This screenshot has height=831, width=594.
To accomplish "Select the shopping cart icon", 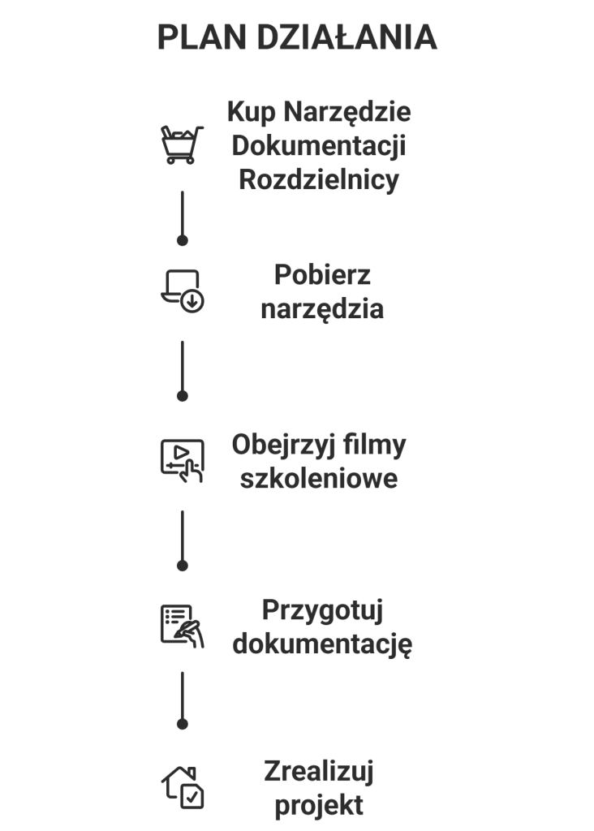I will pyautogui.click(x=182, y=144).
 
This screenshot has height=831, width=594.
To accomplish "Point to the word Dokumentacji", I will pyautogui.click(x=319, y=145).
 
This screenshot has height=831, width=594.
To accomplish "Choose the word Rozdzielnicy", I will pyautogui.click(x=319, y=180).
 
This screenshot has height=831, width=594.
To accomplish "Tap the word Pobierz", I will pyautogui.click(x=322, y=274).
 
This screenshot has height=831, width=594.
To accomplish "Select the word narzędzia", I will pyautogui.click(x=322, y=309).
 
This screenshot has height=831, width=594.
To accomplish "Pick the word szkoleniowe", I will pyautogui.click(x=319, y=479).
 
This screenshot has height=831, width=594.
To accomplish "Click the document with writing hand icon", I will pyautogui.click(x=182, y=626).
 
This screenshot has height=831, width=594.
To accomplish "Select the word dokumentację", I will pyautogui.click(x=322, y=644).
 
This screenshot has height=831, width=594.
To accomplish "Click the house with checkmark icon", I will pyautogui.click(x=182, y=786).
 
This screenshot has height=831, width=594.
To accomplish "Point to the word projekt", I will pyautogui.click(x=319, y=806).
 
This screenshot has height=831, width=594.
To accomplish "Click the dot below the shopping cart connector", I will pyautogui.click(x=183, y=240).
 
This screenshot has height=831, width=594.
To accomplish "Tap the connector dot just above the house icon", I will pyautogui.click(x=183, y=723).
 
